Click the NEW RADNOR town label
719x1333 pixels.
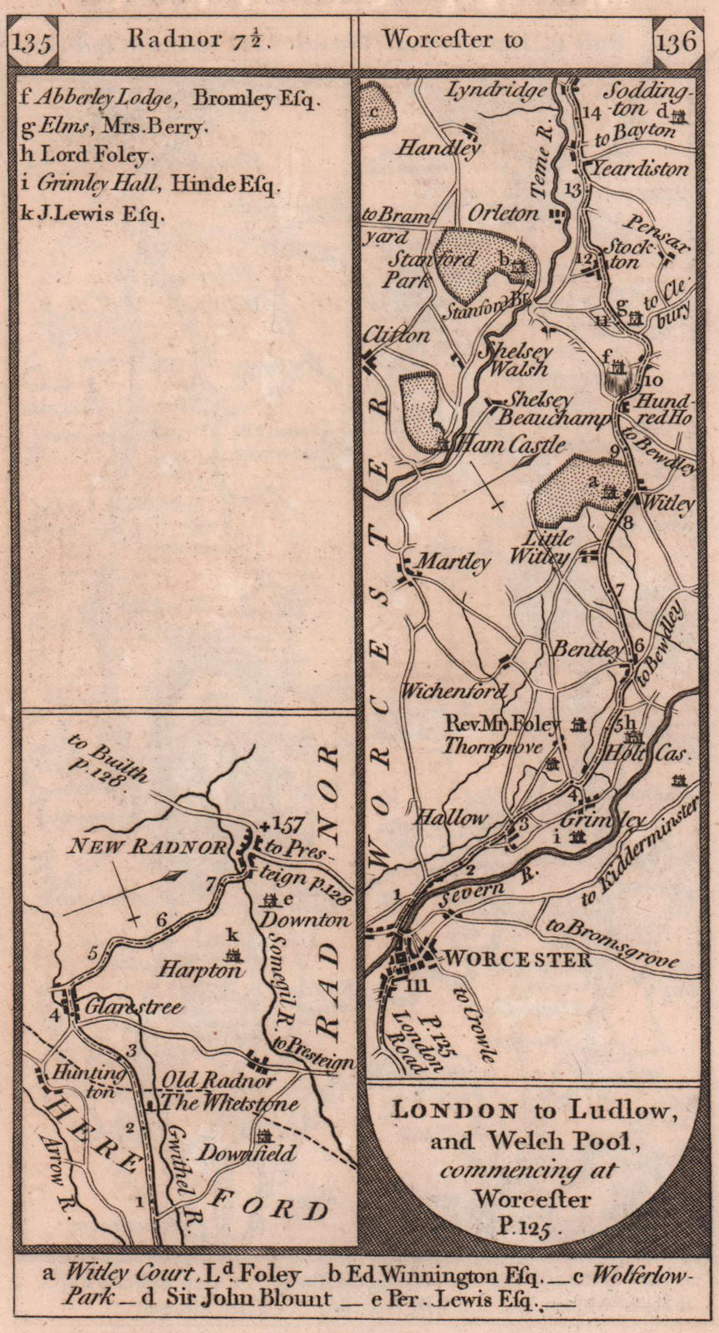(x=147, y=847)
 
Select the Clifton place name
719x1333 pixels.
(x=397, y=335)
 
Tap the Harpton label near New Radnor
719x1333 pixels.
(x=213, y=971)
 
